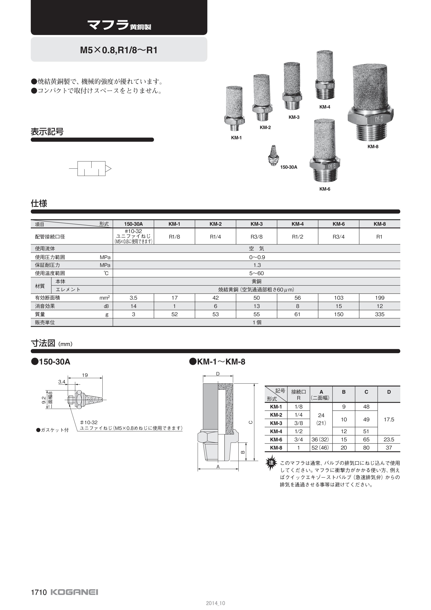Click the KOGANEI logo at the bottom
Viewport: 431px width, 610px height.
pyautogui.click(x=74, y=592)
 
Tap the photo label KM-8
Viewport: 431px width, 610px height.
pyautogui.click(x=373, y=147)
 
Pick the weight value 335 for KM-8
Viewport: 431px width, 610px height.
pyautogui.click(x=380, y=314)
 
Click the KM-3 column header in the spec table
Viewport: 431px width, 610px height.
pyautogui.click(x=256, y=224)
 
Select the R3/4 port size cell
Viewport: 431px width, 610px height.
pyautogui.click(x=339, y=237)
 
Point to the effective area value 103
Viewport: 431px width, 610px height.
pyautogui.click(x=339, y=298)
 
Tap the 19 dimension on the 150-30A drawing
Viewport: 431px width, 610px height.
pyautogui.click(x=85, y=375)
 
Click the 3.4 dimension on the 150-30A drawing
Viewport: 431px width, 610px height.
pyautogui.click(x=62, y=382)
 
